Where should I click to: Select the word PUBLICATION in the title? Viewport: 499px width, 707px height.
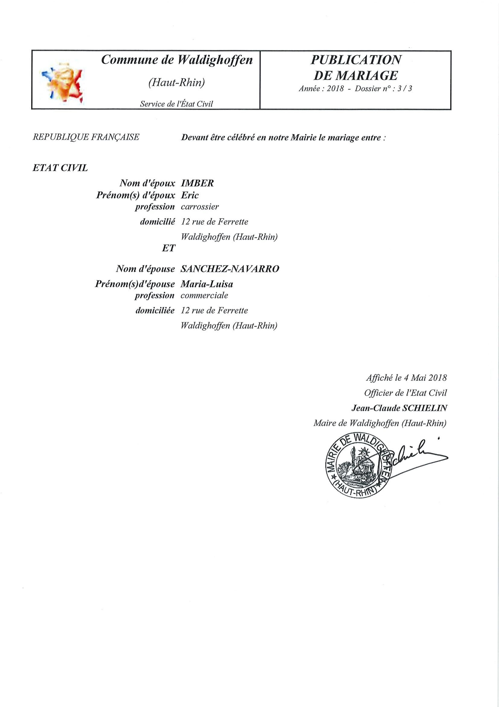pyautogui.click(x=356, y=60)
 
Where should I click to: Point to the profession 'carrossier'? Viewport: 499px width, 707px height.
pyautogui.click(x=200, y=207)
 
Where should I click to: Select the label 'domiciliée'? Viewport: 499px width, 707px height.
pyautogui.click(x=155, y=310)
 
